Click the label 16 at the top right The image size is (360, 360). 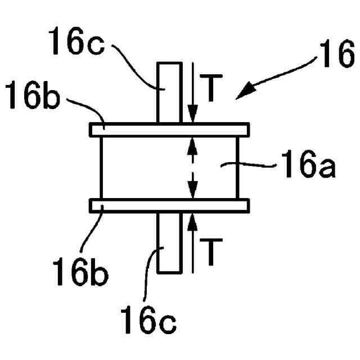(336, 56)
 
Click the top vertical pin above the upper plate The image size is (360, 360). (169, 92)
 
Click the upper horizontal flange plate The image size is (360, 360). (169, 129)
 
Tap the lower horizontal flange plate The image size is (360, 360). (169, 206)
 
